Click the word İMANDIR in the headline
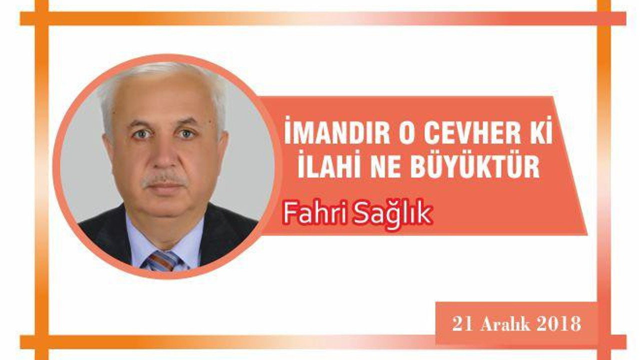tap(337, 130)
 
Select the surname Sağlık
tap(392, 215)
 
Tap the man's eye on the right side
tap(186, 133)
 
